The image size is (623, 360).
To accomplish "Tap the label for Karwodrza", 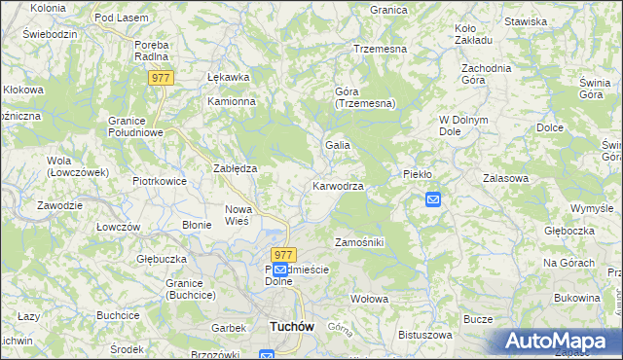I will click(338, 186).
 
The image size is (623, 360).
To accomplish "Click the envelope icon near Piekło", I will click(433, 199).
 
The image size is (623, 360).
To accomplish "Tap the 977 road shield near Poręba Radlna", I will click(162, 77).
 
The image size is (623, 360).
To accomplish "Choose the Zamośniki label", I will click(359, 241).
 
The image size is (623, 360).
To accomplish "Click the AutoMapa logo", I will click(561, 342).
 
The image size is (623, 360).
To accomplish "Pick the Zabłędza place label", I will click(235, 168).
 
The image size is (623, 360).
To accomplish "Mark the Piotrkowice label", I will click(159, 181).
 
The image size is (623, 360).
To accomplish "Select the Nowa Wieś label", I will click(238, 215).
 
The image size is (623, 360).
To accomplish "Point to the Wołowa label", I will click(369, 298).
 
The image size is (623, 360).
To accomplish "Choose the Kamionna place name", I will click(231, 101).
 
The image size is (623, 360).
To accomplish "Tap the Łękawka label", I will click(229, 77).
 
